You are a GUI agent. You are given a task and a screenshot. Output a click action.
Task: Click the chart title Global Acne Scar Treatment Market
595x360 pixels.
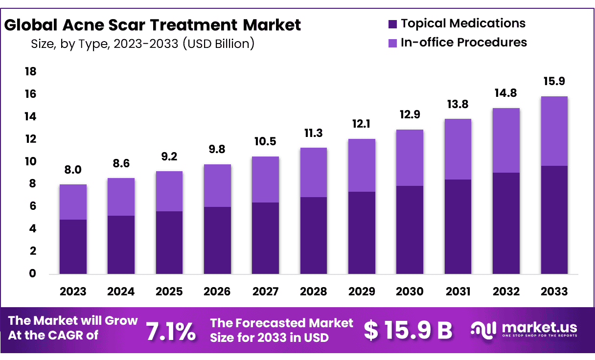click(153, 25)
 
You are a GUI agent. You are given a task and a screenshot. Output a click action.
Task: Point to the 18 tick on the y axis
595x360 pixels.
click(30, 72)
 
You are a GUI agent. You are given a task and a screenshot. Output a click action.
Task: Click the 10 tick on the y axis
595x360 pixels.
click(30, 162)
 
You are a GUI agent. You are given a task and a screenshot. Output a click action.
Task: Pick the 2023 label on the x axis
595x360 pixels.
click(73, 292)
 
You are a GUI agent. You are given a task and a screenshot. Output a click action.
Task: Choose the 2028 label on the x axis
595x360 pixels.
click(314, 292)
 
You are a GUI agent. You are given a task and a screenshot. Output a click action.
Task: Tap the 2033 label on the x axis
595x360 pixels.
click(554, 292)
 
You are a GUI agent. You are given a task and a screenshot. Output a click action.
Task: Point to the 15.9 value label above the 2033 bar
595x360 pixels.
click(554, 82)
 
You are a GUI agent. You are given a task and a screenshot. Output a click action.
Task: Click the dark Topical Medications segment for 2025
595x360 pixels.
click(169, 242)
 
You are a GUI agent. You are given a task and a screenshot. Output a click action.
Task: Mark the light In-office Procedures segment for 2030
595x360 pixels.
click(410, 157)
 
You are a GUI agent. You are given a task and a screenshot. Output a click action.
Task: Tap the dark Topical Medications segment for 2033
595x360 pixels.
click(554, 220)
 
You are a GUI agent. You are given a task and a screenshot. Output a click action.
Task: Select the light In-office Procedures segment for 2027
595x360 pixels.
click(266, 180)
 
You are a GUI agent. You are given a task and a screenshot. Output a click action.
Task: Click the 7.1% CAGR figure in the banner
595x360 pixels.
click(171, 332)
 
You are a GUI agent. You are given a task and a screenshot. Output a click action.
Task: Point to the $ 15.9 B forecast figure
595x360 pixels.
click(408, 331)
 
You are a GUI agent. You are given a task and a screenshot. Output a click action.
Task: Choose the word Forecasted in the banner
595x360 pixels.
click(277, 323)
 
